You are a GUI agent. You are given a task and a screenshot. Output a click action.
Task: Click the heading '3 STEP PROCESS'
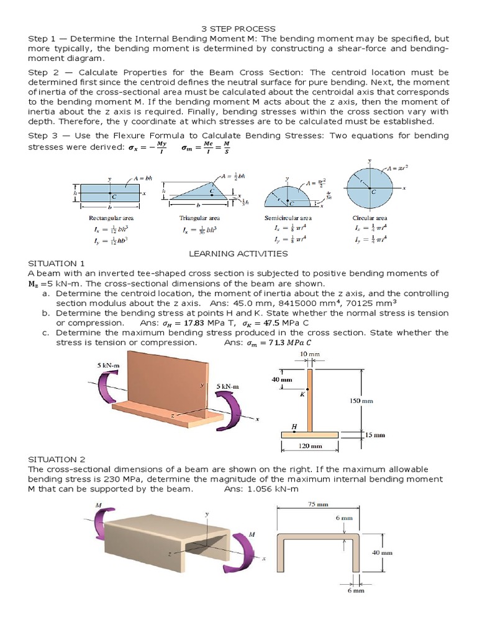coord(238,29)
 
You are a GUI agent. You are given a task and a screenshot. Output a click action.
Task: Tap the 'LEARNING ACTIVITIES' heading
coord(238,254)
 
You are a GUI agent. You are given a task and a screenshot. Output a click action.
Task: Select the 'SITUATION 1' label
coord(55,263)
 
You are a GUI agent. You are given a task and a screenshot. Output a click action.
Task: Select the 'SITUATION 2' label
coord(55,458)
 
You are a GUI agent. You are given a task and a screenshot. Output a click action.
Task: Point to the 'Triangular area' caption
coord(199,218)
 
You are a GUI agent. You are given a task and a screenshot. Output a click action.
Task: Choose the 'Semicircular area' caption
coord(288,218)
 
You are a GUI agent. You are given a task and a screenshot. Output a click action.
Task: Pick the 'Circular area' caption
coord(370,218)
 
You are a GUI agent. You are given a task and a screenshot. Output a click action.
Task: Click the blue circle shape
coord(370,188)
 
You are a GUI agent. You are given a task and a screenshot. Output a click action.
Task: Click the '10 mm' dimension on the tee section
coord(309,353)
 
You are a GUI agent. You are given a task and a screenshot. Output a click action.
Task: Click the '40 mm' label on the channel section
coord(382,552)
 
